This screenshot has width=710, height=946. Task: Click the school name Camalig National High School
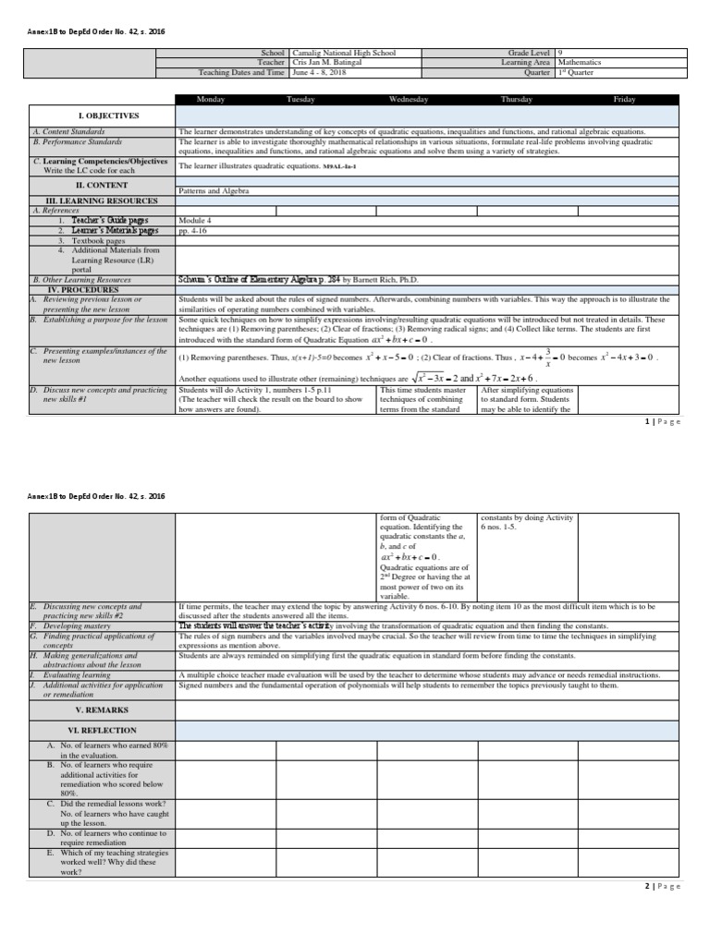(343, 54)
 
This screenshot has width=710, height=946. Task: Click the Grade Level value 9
(560, 54)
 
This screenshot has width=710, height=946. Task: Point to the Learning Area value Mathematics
(580, 63)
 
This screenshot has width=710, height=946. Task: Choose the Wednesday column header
(409, 100)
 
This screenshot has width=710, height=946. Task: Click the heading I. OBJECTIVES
(108, 115)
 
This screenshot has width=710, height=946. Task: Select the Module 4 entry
(194, 221)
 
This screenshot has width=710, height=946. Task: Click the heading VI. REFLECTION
(108, 731)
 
